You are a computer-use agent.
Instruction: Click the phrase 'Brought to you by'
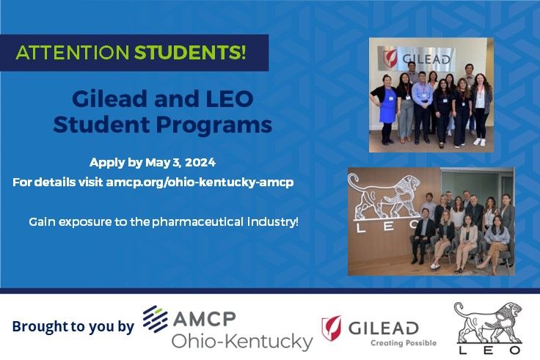coord(73,326)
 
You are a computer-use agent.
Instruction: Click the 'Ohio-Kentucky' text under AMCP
coord(241,341)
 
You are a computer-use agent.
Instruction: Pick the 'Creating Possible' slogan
coord(403,342)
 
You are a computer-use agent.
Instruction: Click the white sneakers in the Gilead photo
coord(478,141)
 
